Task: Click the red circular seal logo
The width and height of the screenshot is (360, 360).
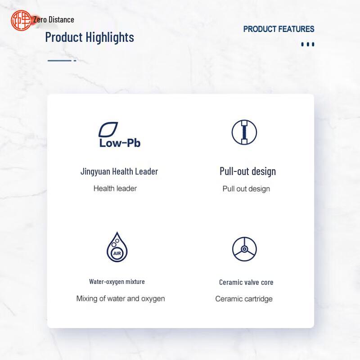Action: [21, 20]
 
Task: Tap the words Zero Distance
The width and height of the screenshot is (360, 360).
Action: [54, 20]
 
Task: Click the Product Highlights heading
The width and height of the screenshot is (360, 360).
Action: [90, 37]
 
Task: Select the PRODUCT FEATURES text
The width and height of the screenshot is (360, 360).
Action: [279, 29]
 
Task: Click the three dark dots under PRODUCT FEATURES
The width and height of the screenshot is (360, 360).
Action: [308, 44]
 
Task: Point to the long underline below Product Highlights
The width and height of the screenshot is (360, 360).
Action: [59, 61]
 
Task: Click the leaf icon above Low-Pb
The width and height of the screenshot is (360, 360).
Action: [108, 129]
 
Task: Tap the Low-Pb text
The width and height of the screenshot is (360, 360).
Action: [120, 143]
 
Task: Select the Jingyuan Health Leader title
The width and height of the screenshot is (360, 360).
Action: [119, 171]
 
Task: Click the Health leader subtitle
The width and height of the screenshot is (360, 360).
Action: [115, 189]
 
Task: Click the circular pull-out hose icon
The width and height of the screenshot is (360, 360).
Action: [244, 132]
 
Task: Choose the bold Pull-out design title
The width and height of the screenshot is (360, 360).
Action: [248, 171]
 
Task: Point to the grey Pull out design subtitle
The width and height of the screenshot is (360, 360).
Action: [246, 189]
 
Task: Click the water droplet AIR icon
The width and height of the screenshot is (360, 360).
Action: [117, 247]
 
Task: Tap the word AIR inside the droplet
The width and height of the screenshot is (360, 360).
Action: [117, 253]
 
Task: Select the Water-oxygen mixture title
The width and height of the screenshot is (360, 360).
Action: [117, 282]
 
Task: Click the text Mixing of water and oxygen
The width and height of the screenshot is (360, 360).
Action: [121, 299]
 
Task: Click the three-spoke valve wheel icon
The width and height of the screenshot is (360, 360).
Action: [244, 249]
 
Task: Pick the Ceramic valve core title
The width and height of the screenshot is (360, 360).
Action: [246, 282]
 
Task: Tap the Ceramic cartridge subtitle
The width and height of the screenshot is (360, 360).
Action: [244, 299]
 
